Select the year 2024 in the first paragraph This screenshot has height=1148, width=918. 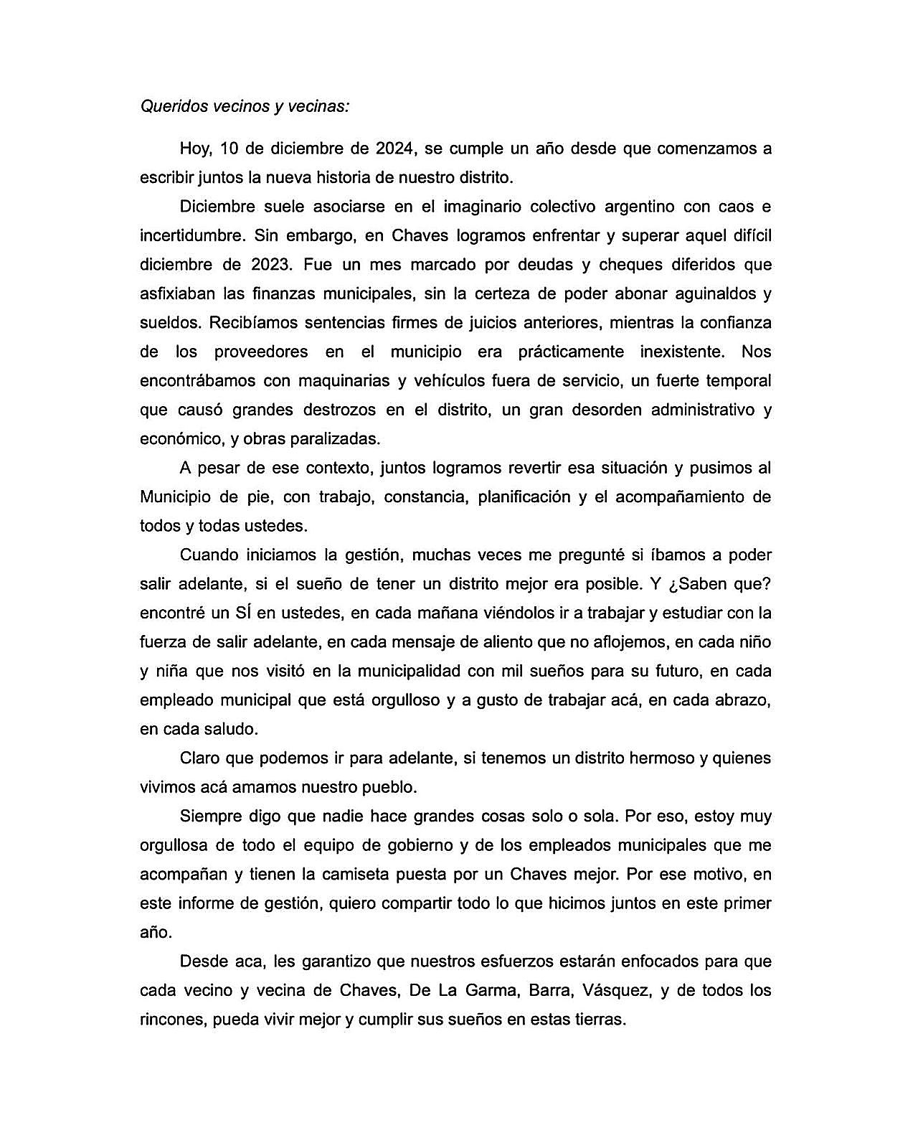394,149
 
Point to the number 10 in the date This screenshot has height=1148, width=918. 229,149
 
